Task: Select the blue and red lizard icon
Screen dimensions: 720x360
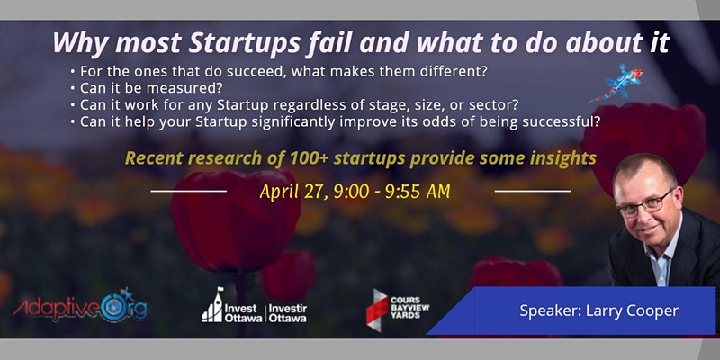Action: tap(616, 84)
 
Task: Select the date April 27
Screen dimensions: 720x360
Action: tap(294, 192)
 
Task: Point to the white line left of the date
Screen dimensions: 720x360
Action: tap(189, 191)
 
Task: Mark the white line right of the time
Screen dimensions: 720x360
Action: tap(533, 191)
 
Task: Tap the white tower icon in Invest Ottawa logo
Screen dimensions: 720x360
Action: tap(212, 305)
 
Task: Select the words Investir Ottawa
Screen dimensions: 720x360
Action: tap(288, 312)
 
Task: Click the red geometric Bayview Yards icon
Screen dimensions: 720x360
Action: tap(377, 309)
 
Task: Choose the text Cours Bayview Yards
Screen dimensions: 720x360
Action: tap(409, 308)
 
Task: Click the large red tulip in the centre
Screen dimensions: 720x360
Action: tap(236, 220)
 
